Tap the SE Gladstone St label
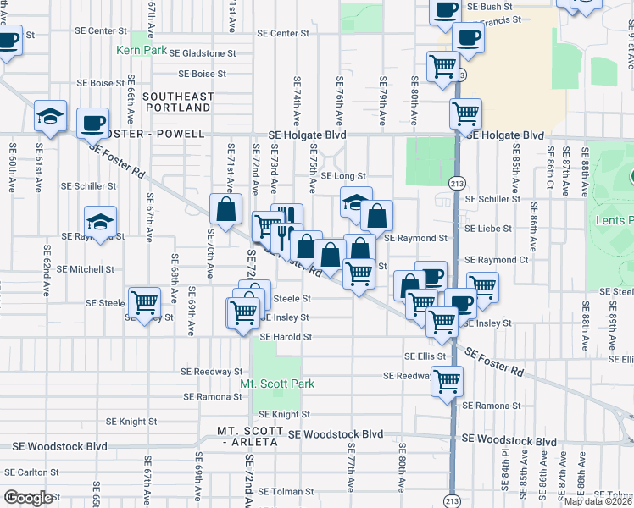coord(202,52)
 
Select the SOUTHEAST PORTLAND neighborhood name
coord(176,102)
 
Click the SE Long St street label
coord(343,176)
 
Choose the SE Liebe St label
coord(492,229)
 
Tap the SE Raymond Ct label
coord(497,260)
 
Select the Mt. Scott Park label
coord(277,384)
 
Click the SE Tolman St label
coord(286,491)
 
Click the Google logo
coord(28,498)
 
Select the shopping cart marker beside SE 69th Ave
coord(144,301)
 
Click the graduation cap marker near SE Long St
coord(356,203)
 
